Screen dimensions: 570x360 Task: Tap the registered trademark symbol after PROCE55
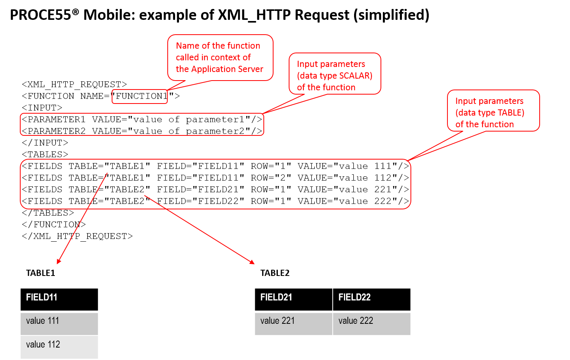(x=75, y=11)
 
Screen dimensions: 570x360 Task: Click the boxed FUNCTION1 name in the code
(x=139, y=97)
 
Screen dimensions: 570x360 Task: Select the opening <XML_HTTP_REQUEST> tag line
(x=74, y=84)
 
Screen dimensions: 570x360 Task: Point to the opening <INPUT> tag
(x=42, y=108)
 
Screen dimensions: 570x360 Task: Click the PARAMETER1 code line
(x=142, y=119)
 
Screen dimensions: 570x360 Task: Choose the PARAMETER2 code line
(x=142, y=131)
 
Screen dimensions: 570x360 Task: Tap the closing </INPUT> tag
(x=45, y=143)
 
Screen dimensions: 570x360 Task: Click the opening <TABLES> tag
(x=45, y=155)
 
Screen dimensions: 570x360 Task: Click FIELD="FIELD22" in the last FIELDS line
(x=200, y=201)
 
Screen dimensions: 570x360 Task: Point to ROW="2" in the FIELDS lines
(x=271, y=178)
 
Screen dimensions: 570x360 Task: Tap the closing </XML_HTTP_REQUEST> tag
(x=77, y=237)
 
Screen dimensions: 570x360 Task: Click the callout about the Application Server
(x=220, y=58)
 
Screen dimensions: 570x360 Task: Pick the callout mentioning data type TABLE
(x=493, y=111)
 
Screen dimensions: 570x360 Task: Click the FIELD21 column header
(x=294, y=299)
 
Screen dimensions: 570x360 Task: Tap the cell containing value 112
(x=59, y=347)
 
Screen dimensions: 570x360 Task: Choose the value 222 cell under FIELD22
(x=372, y=323)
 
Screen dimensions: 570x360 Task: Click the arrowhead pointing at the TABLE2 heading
(x=252, y=262)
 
